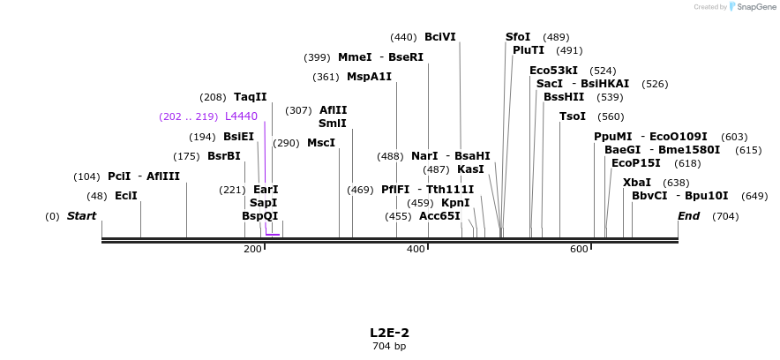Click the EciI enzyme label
pos(126,196)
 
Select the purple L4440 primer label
pos(241,116)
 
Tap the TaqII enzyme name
pos(250,97)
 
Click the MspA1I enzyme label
pos(369,77)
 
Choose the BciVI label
pos(440,37)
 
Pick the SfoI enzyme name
pos(518,37)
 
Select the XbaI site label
pos(637,183)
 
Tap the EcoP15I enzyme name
pos(635,163)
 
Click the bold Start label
pos(81,216)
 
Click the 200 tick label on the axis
pos(252,250)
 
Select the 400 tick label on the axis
pos(416,250)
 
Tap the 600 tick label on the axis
pos(579,250)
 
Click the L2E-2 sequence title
pos(389,333)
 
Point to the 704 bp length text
pos(389,347)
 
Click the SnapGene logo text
pos(753,7)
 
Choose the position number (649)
pos(754,196)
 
